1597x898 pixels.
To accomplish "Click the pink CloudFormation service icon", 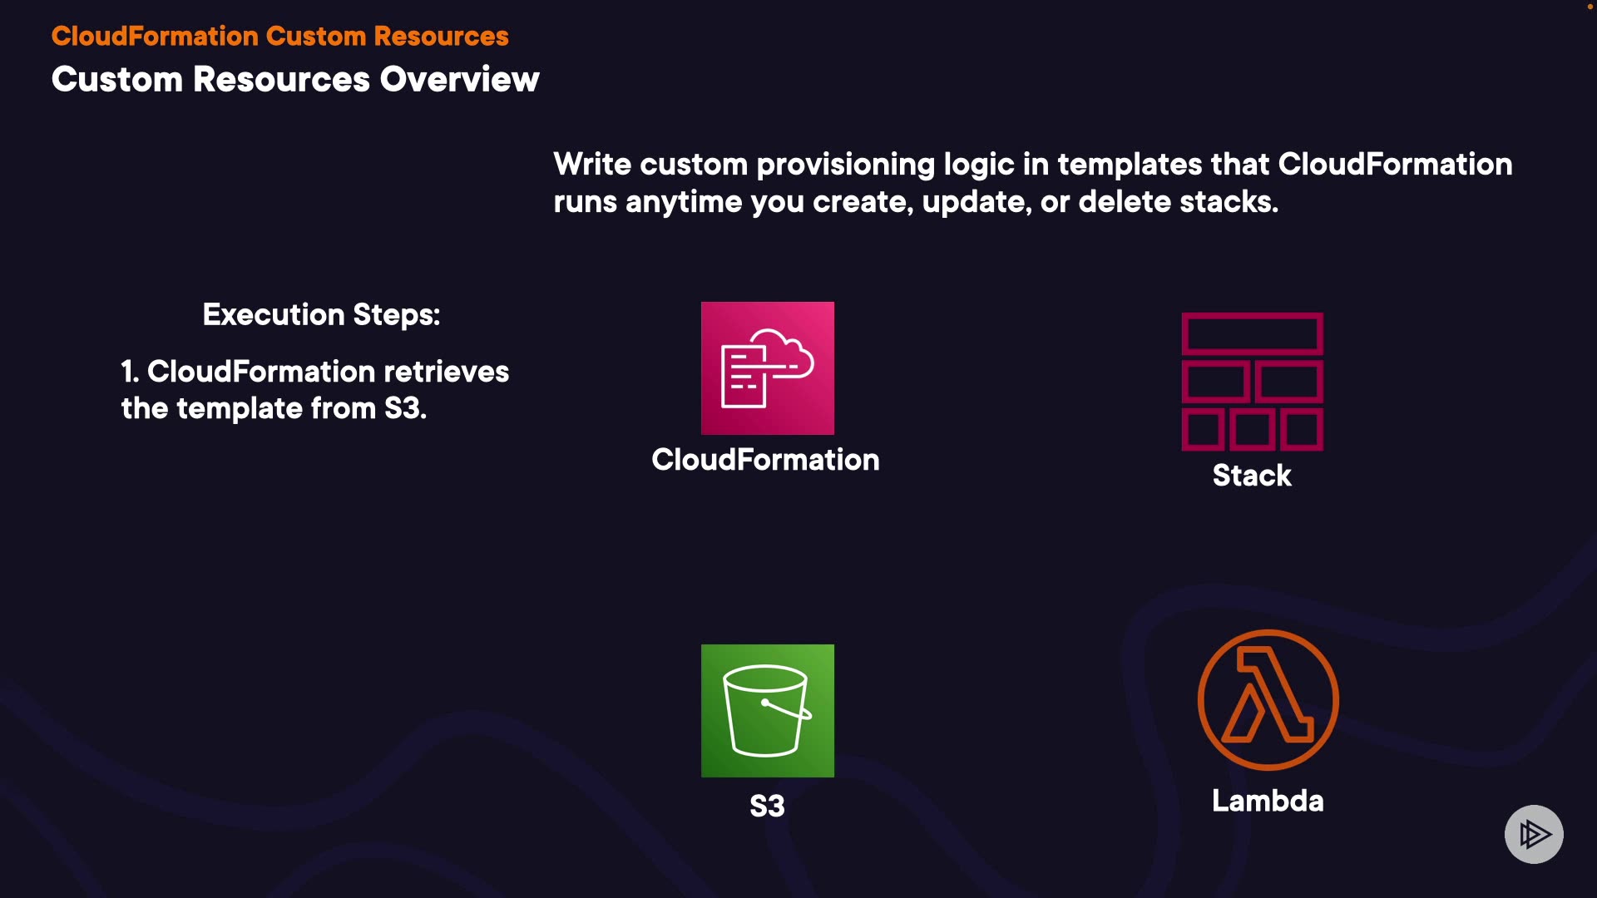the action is (767, 368).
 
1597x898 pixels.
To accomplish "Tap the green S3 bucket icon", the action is (767, 710).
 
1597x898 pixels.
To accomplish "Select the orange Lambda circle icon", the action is (1268, 699).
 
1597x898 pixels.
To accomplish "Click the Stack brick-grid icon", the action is (1252, 382).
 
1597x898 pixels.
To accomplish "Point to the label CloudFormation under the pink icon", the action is (765, 460).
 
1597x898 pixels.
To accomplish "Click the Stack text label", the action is (1252, 476).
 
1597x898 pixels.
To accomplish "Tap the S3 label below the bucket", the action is (767, 806).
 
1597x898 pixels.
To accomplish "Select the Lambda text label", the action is (1268, 801).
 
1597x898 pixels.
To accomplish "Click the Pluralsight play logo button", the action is (1534, 834).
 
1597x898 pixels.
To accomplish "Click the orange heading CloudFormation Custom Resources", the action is (279, 37).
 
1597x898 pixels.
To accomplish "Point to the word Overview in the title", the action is (460, 80).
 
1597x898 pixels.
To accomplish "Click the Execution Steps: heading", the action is (321, 315).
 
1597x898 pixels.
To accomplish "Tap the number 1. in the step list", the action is (130, 372).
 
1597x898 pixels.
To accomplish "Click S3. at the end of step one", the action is (405, 409).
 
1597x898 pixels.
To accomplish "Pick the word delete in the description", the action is (1124, 202).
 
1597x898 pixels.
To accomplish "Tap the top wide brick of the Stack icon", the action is (1252, 334).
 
